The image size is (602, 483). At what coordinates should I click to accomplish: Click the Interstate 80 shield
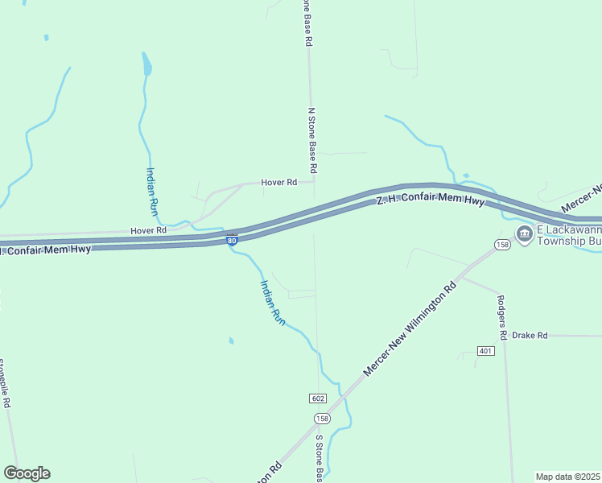pyautogui.click(x=232, y=241)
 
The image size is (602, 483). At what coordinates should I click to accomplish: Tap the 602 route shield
pyautogui.click(x=317, y=399)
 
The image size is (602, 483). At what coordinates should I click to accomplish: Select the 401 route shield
pyautogui.click(x=484, y=351)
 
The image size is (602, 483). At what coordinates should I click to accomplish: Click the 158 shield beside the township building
pyautogui.click(x=503, y=244)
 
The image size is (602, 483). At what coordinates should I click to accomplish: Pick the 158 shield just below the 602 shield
pyautogui.click(x=322, y=418)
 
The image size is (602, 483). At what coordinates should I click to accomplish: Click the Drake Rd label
pyautogui.click(x=529, y=335)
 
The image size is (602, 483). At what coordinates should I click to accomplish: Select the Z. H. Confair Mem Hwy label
pyautogui.click(x=431, y=199)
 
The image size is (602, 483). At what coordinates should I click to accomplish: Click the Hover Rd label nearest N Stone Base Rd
pyautogui.click(x=278, y=183)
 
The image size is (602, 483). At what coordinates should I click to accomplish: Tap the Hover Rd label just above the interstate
pyautogui.click(x=148, y=230)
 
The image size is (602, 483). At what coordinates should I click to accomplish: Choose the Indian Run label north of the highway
pyautogui.click(x=151, y=191)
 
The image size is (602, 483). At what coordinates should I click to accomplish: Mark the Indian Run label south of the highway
pyautogui.click(x=272, y=301)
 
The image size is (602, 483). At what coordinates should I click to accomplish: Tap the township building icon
pyautogui.click(x=525, y=234)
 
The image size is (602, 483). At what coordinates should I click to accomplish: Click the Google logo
pyautogui.click(x=27, y=473)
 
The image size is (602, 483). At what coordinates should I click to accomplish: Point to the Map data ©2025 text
pyautogui.click(x=567, y=477)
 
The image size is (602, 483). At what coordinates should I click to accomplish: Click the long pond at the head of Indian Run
pyautogui.click(x=146, y=64)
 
